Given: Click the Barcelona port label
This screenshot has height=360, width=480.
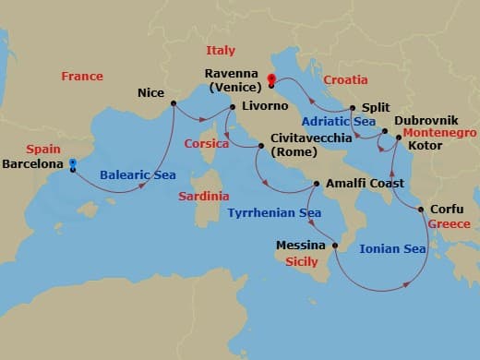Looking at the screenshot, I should point(33,164).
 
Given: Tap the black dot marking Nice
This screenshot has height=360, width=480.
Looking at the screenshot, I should point(174,103).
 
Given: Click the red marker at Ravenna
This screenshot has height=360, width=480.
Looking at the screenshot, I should point(271,78).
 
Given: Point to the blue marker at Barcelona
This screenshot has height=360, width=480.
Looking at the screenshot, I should point(72,163).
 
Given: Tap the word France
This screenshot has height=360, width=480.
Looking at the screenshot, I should point(82,77).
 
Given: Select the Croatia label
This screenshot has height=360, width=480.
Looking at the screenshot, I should point(346,80).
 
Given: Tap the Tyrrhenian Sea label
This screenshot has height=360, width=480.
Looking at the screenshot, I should point(274,213).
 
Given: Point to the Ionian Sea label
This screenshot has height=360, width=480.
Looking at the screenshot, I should point(392,248).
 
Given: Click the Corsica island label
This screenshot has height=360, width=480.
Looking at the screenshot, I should point(206,144).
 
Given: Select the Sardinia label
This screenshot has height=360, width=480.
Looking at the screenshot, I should point(204,196).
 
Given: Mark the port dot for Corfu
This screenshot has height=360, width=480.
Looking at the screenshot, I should point(422,210).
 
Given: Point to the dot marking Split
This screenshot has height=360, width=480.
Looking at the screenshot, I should point(352,107).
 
